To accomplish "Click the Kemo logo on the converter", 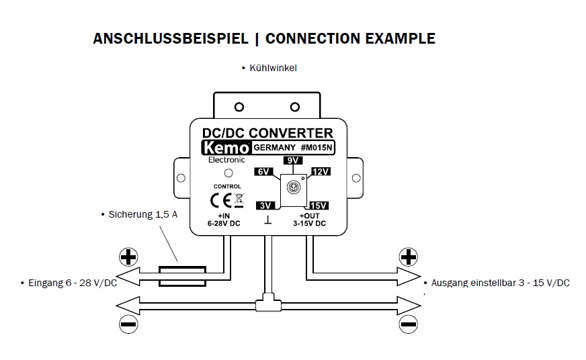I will click(x=227, y=148).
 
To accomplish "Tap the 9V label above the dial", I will click(x=293, y=161).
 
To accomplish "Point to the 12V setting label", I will click(x=321, y=172).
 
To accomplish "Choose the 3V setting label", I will click(x=265, y=204).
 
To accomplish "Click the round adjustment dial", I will click(x=293, y=188).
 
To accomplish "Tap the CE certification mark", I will click(x=222, y=200).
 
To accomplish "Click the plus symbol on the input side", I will click(x=128, y=257).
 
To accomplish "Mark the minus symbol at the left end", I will click(x=128, y=323).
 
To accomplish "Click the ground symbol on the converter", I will click(x=268, y=221).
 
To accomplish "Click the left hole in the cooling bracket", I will click(x=239, y=107).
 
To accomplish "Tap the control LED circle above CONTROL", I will click(x=228, y=173).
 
